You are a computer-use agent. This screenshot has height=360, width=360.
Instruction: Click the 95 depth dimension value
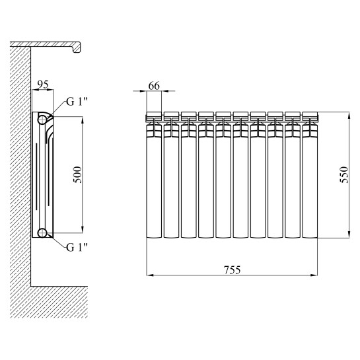pos(43,85)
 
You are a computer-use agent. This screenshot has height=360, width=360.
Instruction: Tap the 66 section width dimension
pos(154,86)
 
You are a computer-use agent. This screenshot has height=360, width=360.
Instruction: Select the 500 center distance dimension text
pos(77,175)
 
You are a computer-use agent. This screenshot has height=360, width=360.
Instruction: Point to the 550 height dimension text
pos(344,175)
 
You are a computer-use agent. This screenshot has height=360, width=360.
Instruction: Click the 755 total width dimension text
pos(232,270)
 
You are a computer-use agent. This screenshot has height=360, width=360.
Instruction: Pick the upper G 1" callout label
pos(77,102)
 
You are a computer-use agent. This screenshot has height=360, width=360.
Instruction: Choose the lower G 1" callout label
pos(77,247)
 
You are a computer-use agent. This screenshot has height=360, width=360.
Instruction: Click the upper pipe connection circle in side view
pos(42,120)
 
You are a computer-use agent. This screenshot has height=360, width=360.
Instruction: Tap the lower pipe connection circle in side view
pos(42,233)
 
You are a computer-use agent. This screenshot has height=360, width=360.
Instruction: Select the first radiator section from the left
pos(154,175)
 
